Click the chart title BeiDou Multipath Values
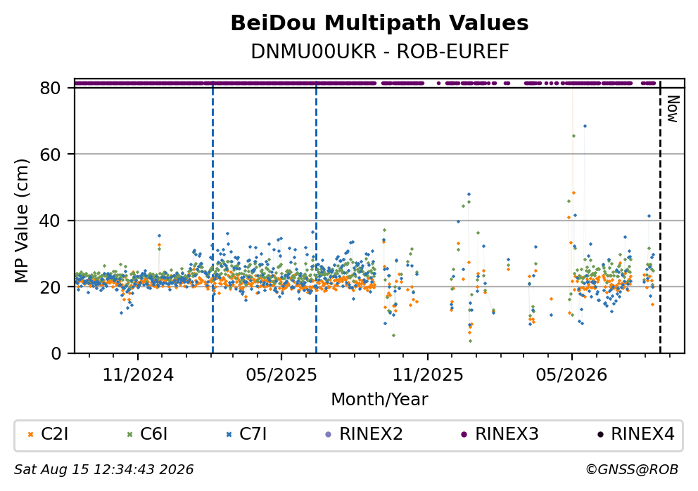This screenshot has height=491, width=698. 379,23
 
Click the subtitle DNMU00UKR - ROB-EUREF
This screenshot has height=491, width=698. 379,52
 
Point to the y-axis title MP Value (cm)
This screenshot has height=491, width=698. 21,221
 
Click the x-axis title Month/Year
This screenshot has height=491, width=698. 379,400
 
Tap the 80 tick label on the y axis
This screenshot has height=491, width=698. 50,88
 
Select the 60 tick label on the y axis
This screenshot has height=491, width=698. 50,155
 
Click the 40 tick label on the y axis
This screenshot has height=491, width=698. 50,221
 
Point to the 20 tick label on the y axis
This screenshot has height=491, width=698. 50,287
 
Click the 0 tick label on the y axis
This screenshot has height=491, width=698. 56,353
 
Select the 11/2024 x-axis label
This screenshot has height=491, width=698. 138,375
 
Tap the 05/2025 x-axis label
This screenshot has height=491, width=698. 281,375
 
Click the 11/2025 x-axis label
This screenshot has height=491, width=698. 428,375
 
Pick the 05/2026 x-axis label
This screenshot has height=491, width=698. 571,375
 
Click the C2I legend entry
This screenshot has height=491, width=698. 48,434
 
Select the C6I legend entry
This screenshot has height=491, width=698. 147,434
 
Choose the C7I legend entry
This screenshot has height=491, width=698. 246,434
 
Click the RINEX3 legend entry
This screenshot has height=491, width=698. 500,434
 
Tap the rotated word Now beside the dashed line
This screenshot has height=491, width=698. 672,109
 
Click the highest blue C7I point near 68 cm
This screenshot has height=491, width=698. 585,126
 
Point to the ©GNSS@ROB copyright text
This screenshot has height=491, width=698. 632,470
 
